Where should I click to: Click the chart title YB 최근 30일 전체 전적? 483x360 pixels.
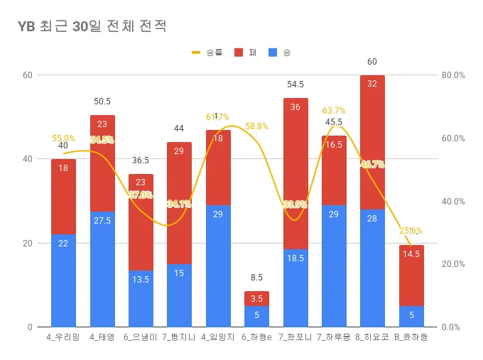click(92, 26)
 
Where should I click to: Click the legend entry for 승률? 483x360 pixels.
click(207, 53)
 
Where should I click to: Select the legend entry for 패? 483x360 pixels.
click(246, 53)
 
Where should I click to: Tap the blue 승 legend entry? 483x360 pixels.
click(281, 53)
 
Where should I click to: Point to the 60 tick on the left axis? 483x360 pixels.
click(28, 75)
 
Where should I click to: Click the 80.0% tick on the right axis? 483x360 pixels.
click(453, 75)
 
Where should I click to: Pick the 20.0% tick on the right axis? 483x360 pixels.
click(453, 264)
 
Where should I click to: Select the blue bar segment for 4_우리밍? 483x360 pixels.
click(63, 280)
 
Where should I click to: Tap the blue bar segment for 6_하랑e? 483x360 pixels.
click(256, 316)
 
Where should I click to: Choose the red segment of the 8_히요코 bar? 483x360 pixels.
click(372, 142)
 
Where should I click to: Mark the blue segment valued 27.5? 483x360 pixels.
click(102, 269)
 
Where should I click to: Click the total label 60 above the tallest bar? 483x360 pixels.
click(372, 62)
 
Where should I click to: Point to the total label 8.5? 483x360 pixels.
click(256, 278)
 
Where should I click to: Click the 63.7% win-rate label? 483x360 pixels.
click(334, 111)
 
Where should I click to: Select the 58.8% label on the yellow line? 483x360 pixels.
click(256, 126)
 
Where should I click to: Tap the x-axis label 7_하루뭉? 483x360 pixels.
click(334, 337)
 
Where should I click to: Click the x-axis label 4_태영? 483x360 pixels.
click(102, 337)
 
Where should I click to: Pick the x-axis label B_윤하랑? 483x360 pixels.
click(411, 337)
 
